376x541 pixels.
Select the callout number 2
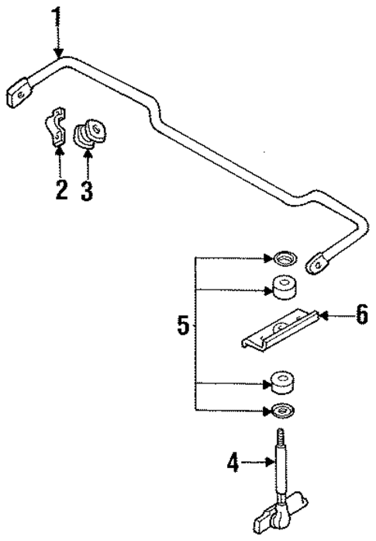60,189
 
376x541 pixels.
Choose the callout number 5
183,325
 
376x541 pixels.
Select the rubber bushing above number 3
90,133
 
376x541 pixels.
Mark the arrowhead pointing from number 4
266,463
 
